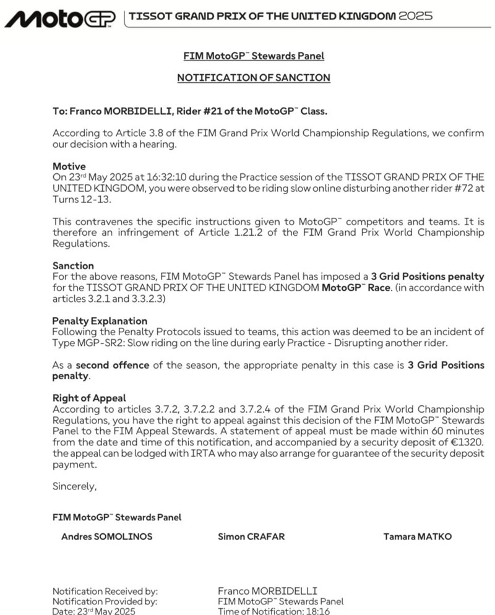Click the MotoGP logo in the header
(59, 19)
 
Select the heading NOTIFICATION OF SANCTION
(254, 78)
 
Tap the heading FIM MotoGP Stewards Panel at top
(254, 56)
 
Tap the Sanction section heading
(73, 265)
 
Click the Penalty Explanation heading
(100, 321)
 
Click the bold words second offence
(112, 365)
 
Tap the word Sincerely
(74, 486)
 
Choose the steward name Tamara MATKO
(417, 536)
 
